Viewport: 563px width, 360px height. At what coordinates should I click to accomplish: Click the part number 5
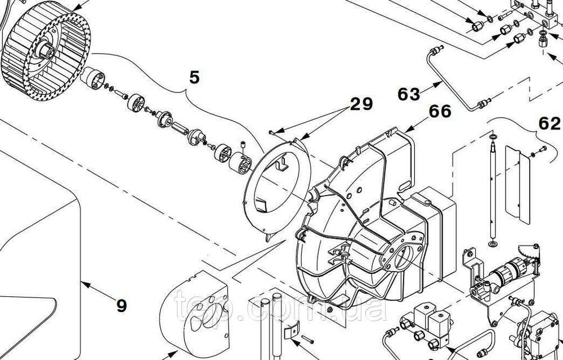pos(194,77)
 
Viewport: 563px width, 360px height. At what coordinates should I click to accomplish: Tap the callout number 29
pos(361,104)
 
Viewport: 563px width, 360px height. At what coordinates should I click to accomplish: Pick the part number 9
pos(121,305)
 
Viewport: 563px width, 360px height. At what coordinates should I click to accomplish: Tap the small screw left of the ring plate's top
pos(272,132)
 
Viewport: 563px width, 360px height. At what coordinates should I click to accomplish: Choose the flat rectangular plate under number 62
pos(517,183)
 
